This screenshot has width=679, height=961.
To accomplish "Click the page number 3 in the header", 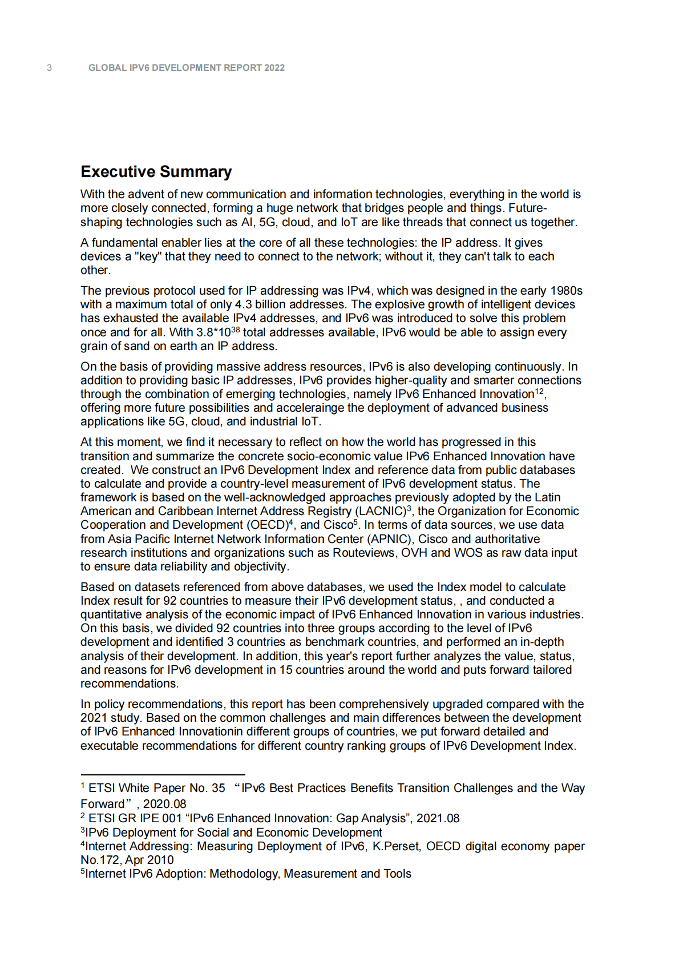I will pyautogui.click(x=49, y=68).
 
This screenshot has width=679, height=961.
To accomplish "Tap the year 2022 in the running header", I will pyautogui.click(x=274, y=68).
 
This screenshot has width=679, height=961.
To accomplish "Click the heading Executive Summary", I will pyautogui.click(x=156, y=172).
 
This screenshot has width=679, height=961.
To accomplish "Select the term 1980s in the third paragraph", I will pyautogui.click(x=566, y=291).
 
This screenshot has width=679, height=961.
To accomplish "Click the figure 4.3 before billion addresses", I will pyautogui.click(x=243, y=304).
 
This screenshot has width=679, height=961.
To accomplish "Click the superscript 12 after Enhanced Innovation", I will pyautogui.click(x=539, y=392).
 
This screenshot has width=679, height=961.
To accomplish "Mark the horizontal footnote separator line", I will pyautogui.click(x=163, y=775).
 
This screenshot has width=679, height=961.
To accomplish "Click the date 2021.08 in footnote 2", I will pyautogui.click(x=438, y=818).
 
